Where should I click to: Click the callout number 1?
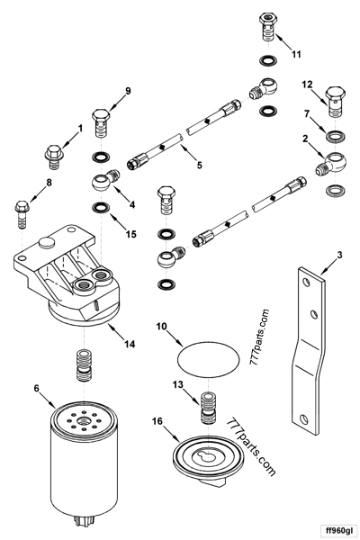coord(78,129)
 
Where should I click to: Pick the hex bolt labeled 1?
coord(53,154)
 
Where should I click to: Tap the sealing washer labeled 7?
coord(338,139)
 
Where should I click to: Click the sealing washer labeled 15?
coord(101,209)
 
